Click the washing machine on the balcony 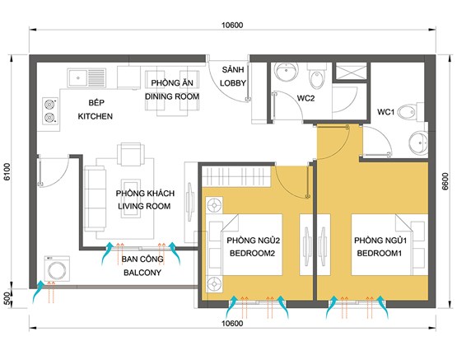coord(57,269)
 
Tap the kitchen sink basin coord(77,78)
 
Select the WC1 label coord(385,112)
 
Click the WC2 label coord(305,98)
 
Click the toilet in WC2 coord(316,76)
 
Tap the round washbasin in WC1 coord(418,143)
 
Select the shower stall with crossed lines coord(351,71)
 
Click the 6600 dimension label coord(445,181)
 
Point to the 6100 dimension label coord(7,171)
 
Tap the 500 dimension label coord(7,298)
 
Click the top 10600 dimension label coord(232,25)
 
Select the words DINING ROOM coord(172,96)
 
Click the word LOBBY coord(232,83)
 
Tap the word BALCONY coord(142,273)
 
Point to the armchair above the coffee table coord(131,154)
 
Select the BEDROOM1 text coord(380,253)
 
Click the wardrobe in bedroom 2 coord(236,176)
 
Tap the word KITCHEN coord(95,116)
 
